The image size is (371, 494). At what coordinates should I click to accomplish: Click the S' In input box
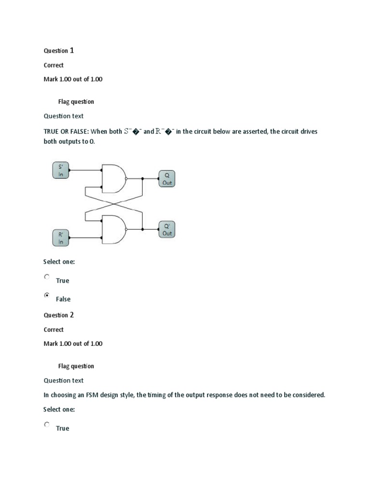(61, 170)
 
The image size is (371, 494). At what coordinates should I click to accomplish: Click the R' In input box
(61, 238)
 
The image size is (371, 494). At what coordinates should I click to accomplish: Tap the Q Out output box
(167, 179)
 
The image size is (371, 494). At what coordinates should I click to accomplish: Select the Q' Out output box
(167, 229)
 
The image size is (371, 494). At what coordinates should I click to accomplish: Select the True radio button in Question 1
(47, 277)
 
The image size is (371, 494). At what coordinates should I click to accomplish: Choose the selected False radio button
(47, 295)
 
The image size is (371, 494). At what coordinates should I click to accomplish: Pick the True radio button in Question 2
(47, 425)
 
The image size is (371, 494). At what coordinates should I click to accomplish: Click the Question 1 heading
(58, 51)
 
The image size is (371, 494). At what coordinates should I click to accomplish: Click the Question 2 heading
(58, 315)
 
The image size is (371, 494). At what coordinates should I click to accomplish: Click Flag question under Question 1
(76, 102)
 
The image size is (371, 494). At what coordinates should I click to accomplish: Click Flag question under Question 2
(76, 366)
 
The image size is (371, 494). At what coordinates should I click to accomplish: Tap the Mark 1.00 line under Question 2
(73, 344)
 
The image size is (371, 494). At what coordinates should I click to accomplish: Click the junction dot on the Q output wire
(143, 178)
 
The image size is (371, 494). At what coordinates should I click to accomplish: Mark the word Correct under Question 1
(54, 65)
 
